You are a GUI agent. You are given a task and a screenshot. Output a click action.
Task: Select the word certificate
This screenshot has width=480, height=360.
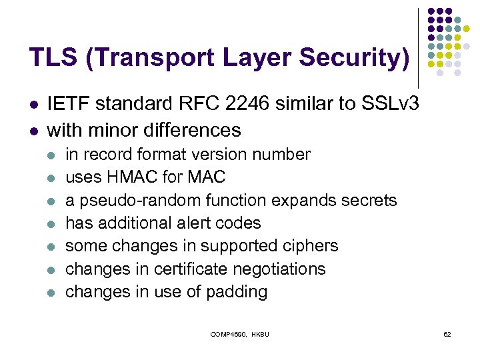(189, 269)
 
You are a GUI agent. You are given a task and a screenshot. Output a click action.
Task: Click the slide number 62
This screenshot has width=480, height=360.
(447, 333)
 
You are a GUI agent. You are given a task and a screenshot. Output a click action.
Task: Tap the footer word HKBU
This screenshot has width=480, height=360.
(261, 333)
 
